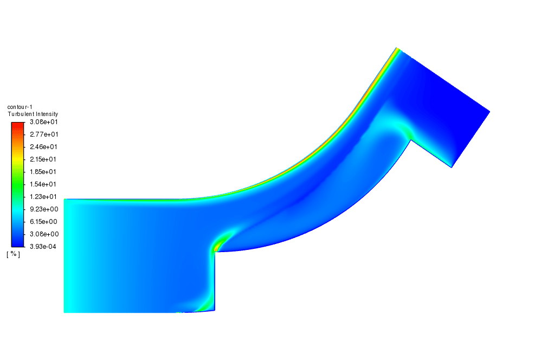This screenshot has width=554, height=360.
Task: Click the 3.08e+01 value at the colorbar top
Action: pyautogui.click(x=43, y=122)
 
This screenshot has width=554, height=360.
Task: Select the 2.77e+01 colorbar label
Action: pyautogui.click(x=44, y=134)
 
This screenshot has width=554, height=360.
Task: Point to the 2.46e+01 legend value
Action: pyautogui.click(x=43, y=146)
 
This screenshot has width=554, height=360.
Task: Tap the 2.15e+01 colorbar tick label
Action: pyautogui.click(x=43, y=159)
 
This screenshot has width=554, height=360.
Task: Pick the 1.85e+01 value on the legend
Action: pyautogui.click(x=43, y=172)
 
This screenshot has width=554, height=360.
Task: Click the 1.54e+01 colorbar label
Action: pyautogui.click(x=43, y=184)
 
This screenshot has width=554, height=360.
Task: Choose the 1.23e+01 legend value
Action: pyautogui.click(x=43, y=197)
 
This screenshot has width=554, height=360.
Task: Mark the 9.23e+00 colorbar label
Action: pyautogui.click(x=44, y=209)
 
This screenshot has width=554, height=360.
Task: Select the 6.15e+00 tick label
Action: pyautogui.click(x=43, y=222)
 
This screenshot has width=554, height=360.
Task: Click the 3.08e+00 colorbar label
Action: pyautogui.click(x=44, y=234)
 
